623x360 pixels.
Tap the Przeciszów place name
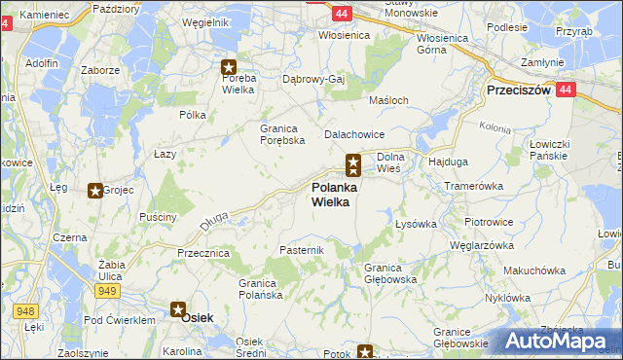[518, 90]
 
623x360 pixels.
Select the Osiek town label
[198, 318]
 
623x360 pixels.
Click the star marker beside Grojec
[95, 192]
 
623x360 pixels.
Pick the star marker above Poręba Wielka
[229, 67]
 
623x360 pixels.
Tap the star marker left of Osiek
[179, 310]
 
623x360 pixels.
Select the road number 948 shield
[25, 311]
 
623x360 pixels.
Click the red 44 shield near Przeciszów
[568, 89]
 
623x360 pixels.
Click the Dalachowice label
[355, 134]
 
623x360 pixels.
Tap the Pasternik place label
[300, 250]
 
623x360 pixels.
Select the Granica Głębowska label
[390, 272]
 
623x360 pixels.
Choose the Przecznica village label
[202, 252]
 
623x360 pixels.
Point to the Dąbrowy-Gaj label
[314, 79]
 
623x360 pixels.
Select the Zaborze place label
[100, 70]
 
